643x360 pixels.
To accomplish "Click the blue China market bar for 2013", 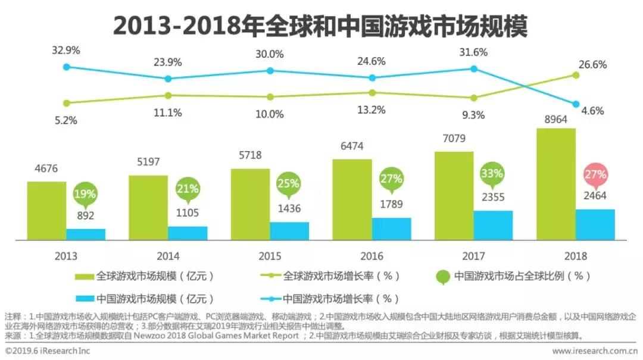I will tap(86, 234).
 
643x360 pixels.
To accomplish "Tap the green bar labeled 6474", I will tap(352, 199).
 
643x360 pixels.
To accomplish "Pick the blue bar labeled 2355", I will tap(493, 225).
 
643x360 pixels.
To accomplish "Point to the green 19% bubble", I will tap(85, 194).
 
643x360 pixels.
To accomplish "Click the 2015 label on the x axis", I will tap(271, 256).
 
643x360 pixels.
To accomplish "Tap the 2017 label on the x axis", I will tap(474, 256).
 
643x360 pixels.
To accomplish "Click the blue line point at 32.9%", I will tap(67, 67).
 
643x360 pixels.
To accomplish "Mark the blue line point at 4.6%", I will tap(576, 104).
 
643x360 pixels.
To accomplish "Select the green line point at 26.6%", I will tap(576, 75).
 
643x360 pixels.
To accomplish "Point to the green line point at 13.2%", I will tap(372, 92).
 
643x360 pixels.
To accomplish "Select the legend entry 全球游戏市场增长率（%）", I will tap(333, 276).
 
